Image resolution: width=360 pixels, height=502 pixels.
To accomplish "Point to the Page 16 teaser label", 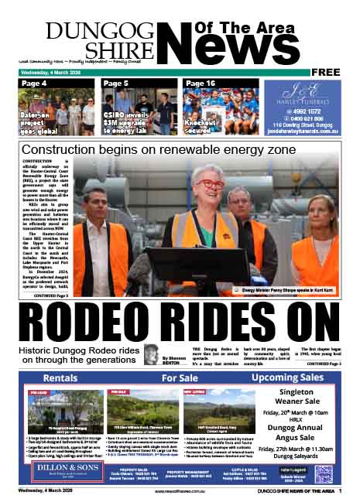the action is click(201, 83).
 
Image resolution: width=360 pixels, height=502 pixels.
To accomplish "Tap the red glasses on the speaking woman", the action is click(211, 185).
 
